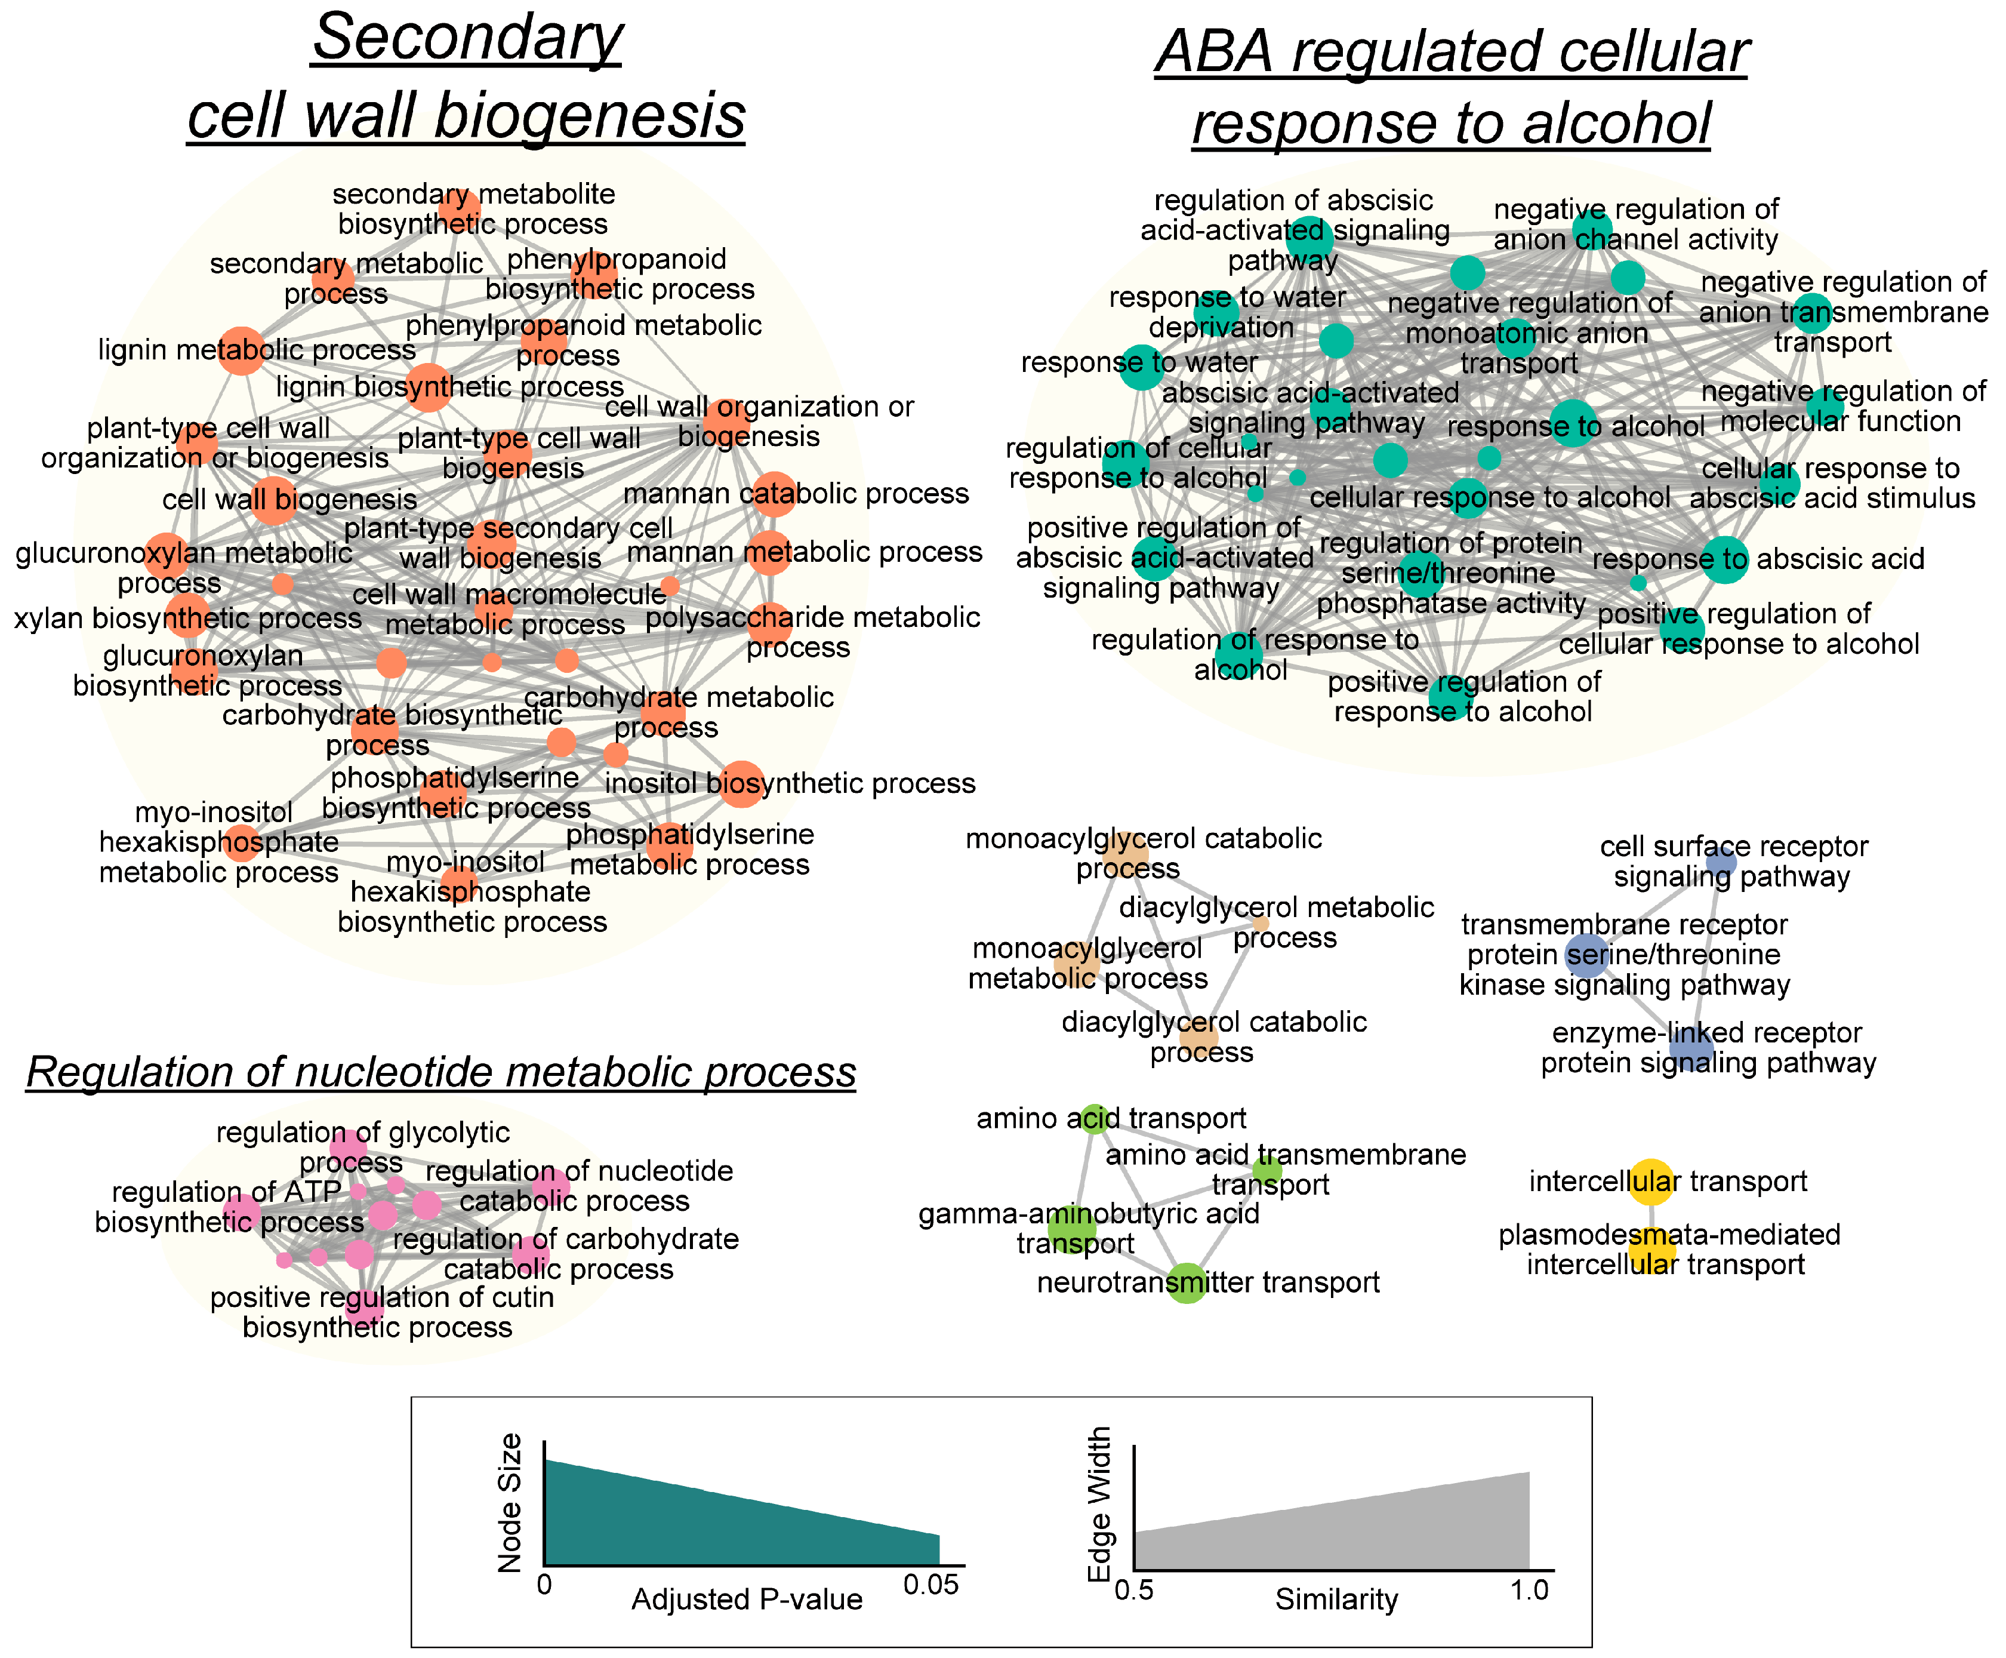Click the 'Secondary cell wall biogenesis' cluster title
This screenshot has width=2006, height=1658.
tap(467, 76)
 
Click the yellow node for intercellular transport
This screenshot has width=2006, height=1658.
tap(1651, 1182)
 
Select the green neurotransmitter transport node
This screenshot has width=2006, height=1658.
tap(1187, 1282)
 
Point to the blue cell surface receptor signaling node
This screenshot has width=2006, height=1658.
tap(1721, 862)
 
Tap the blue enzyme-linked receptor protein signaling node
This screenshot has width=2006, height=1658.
tap(1691, 1048)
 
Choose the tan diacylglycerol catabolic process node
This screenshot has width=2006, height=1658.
tap(1199, 1037)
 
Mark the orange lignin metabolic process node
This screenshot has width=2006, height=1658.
tap(242, 350)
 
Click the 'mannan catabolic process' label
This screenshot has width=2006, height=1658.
tap(796, 494)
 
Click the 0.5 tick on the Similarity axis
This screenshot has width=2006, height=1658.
tap(1134, 1590)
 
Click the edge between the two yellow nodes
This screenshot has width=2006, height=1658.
tap(1651, 1216)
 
